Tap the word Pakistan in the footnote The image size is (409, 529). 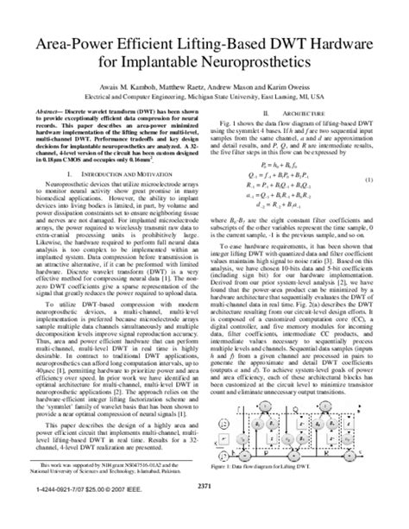(175, 474)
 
